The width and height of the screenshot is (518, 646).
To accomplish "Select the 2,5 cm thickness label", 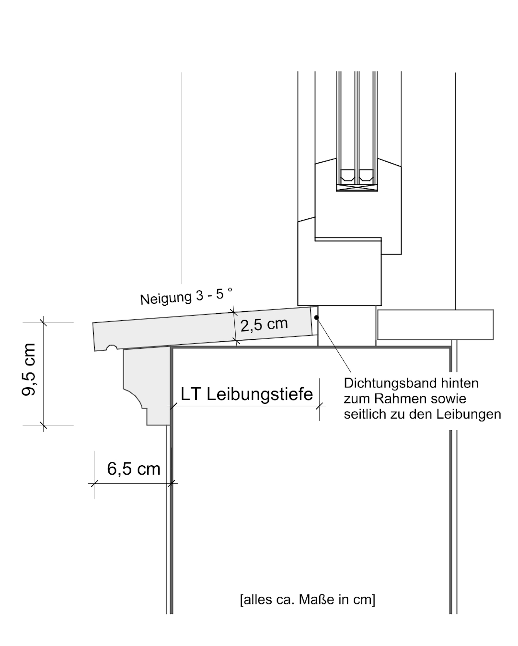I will tap(264, 324).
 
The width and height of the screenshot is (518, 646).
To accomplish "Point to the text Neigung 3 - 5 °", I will tap(186, 297).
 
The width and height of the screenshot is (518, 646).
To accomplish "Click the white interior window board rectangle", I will tap(435, 324).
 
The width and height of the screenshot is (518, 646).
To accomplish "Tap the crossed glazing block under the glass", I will tap(357, 188).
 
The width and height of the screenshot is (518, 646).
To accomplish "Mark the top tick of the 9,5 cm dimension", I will tap(44, 323).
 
